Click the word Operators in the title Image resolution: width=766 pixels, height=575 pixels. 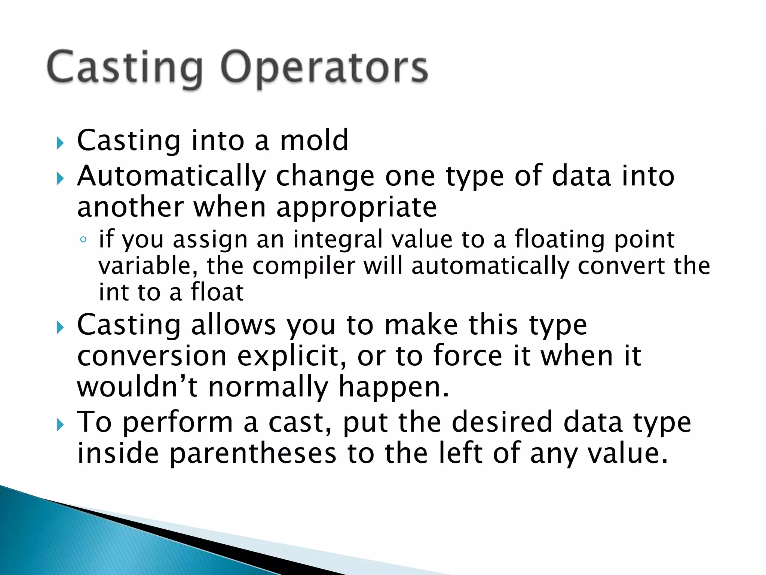[x=324, y=69]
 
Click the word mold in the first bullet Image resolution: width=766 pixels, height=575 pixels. [x=314, y=140]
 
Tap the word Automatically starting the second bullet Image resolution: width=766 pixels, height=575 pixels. [x=171, y=176]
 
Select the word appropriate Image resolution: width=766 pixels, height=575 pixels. [x=356, y=208]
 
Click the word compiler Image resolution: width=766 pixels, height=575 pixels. [x=303, y=266]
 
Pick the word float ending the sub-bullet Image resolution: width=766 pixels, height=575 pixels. [x=217, y=292]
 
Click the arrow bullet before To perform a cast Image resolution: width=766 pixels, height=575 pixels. [x=60, y=425]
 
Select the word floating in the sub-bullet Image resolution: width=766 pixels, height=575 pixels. [x=560, y=240]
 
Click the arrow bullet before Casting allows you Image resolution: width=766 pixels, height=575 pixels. [x=60, y=328]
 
